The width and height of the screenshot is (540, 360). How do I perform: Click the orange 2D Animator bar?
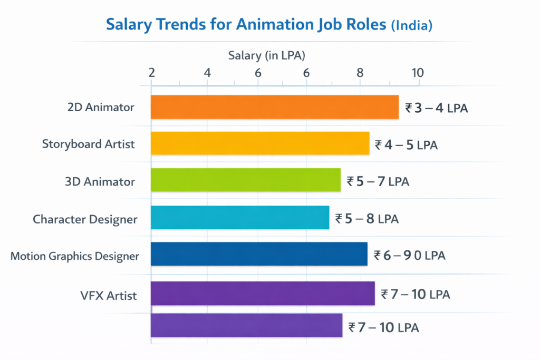coord(274,107)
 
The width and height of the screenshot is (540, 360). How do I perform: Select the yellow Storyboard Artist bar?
coord(260,143)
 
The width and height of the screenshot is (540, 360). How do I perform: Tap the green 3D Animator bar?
coord(245,180)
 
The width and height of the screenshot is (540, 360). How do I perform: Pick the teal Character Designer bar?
coord(240,217)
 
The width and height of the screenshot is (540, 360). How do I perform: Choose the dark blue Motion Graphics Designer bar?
coord(259,254)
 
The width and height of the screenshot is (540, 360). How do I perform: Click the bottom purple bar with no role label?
coord(246,326)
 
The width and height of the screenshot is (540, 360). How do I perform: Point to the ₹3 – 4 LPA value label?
coord(436,109)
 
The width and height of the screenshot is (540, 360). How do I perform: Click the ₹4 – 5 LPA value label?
coord(406,145)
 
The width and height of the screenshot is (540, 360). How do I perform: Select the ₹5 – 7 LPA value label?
coord(378,182)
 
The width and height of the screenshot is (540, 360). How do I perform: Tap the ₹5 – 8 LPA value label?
coord(367,219)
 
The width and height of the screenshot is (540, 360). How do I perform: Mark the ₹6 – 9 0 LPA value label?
coord(409,256)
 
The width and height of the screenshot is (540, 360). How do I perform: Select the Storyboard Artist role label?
coord(88,144)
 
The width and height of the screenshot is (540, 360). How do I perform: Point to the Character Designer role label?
coord(85,219)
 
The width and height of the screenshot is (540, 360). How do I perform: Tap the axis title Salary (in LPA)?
coord(267,55)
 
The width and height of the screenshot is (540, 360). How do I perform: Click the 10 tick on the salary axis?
coord(417,73)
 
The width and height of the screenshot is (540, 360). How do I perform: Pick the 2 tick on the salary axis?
coord(152,73)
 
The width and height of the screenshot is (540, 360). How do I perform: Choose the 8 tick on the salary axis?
coord(360,73)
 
